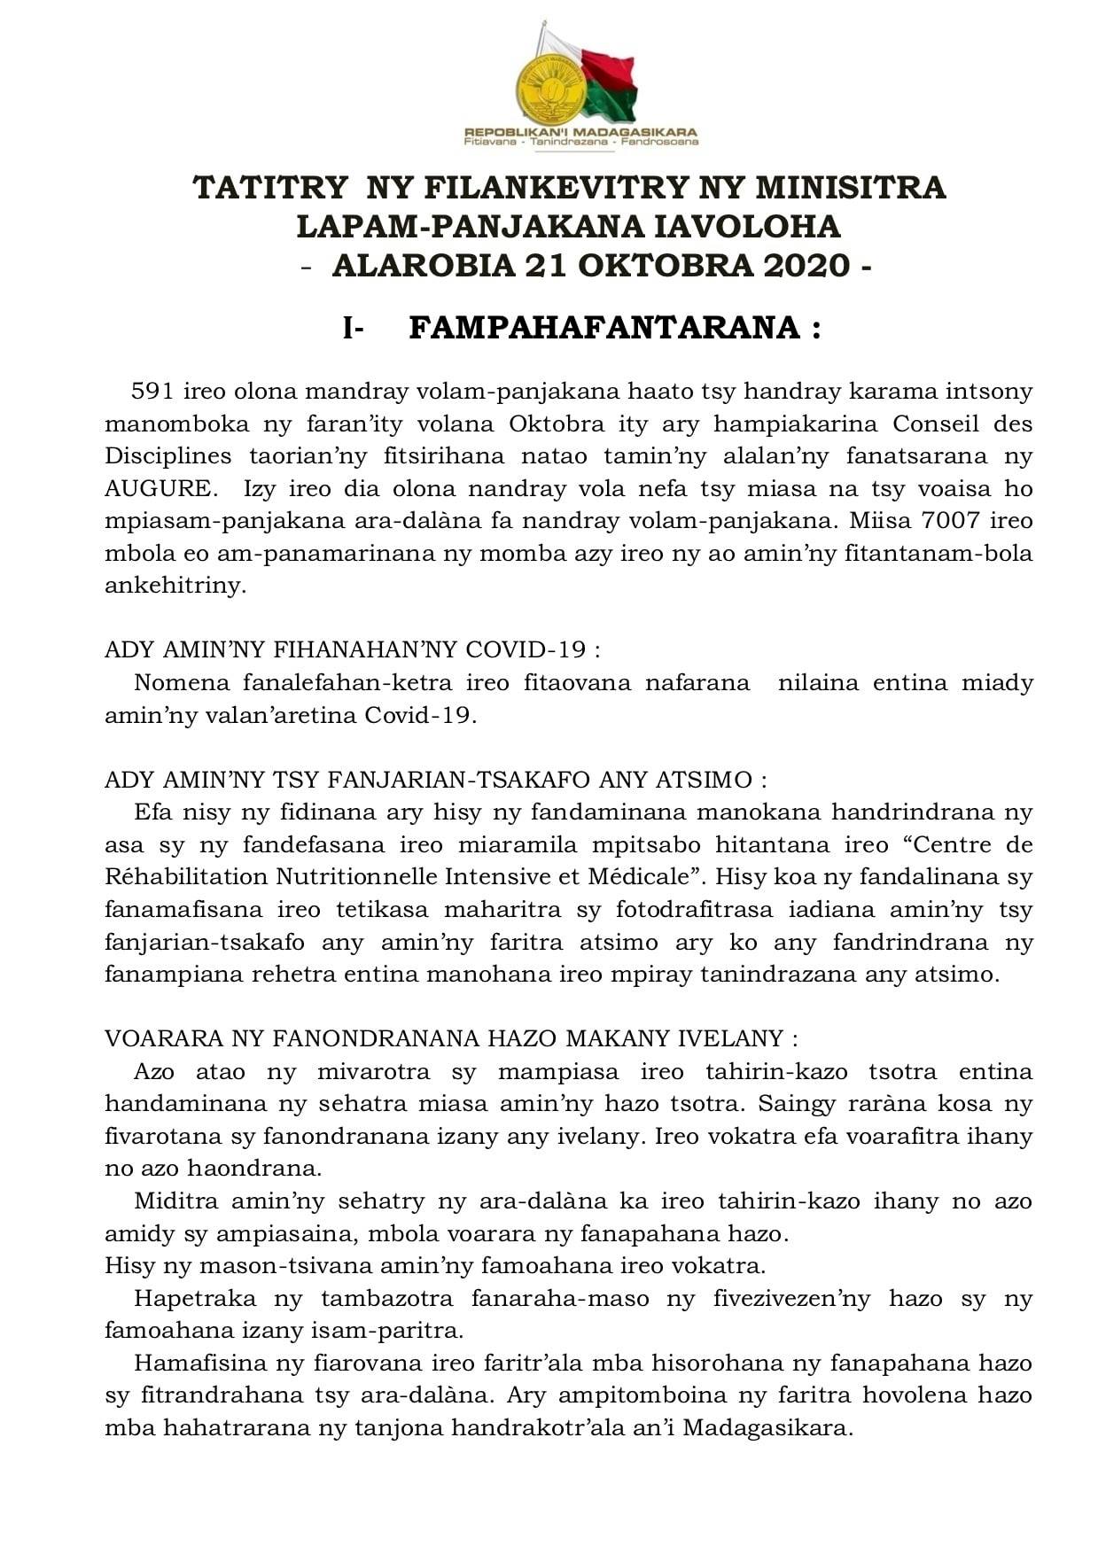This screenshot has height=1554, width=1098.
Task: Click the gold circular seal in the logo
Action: (549, 89)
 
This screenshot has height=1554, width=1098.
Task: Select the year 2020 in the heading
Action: (803, 266)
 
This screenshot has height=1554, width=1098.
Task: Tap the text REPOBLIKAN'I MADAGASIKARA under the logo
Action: (580, 132)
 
